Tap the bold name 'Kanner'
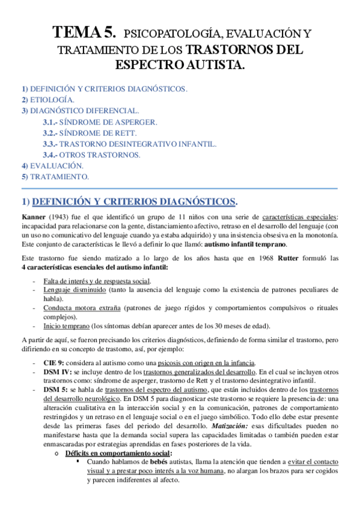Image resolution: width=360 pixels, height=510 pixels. (x=34, y=217)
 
